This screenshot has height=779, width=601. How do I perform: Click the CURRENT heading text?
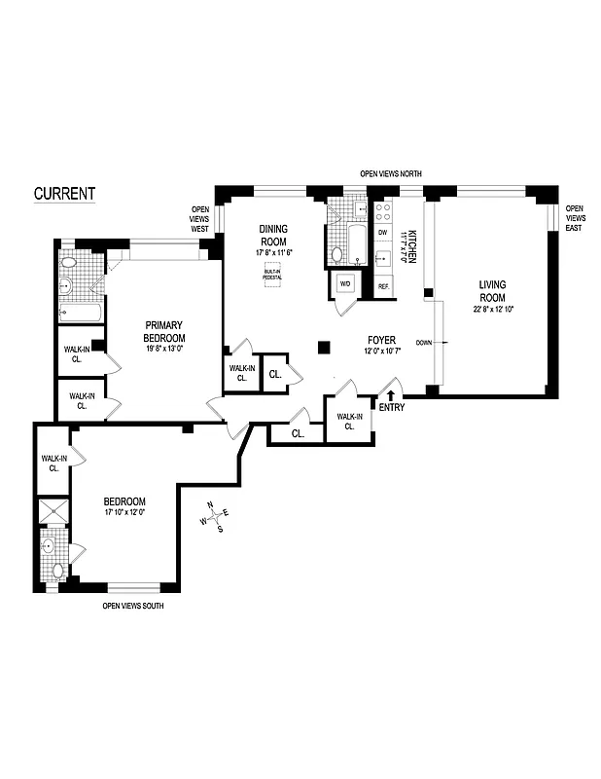(64, 193)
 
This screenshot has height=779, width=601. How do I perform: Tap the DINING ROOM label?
(273, 235)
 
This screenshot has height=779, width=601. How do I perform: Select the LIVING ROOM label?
(492, 291)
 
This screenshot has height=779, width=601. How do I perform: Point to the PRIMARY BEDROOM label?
(164, 331)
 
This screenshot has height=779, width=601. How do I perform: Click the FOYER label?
(380, 340)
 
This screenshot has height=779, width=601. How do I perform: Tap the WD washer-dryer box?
(344, 283)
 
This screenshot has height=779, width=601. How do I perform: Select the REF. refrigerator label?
(383, 285)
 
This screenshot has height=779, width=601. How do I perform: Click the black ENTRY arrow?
(390, 395)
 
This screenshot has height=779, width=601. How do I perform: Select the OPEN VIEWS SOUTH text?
(133, 606)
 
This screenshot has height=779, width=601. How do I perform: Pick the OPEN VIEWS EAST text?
(575, 216)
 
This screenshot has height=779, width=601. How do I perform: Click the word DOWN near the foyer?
(424, 343)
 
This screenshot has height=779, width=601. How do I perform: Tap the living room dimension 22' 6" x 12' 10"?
(492, 309)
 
